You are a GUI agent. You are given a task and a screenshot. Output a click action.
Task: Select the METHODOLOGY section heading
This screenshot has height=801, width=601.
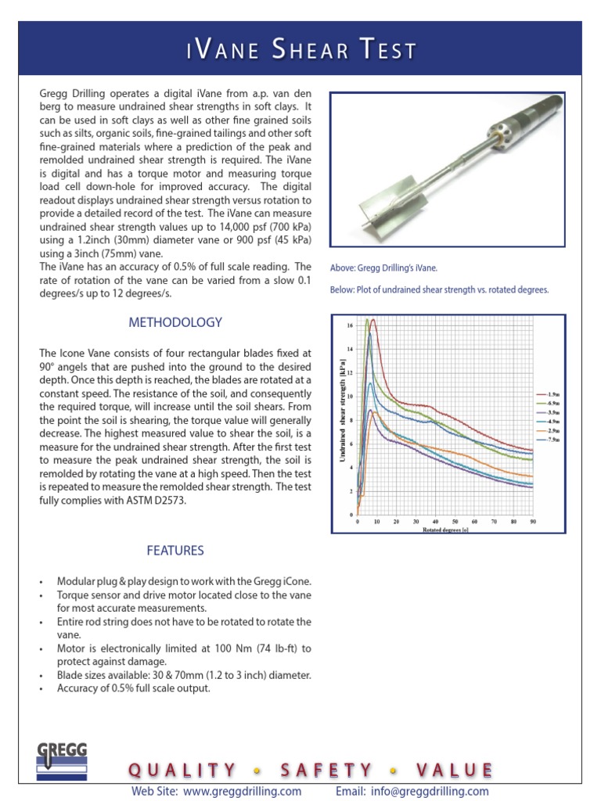point(175,322)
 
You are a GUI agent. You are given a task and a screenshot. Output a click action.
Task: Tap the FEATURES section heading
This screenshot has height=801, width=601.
point(175,551)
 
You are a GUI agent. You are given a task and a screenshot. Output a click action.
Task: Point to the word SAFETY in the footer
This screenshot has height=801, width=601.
point(324,770)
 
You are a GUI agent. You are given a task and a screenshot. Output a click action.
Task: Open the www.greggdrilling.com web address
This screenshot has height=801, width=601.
point(242,791)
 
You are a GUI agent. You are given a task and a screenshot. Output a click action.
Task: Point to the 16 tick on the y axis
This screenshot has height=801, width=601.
point(349,325)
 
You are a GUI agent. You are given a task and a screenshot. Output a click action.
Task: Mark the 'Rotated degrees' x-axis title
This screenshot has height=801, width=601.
point(444,530)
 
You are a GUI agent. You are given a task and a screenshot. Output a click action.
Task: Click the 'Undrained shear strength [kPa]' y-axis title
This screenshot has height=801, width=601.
point(341,415)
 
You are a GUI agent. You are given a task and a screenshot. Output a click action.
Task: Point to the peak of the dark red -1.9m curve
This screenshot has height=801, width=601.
point(373,320)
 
